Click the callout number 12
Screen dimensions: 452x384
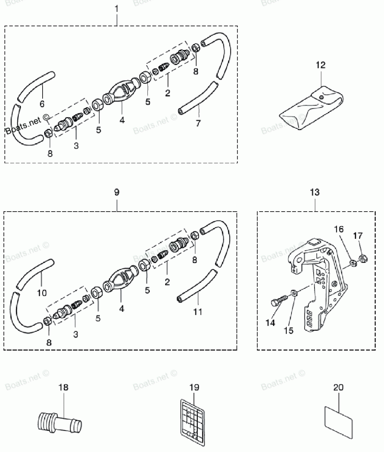tap(321, 65)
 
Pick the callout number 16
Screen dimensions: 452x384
tap(339, 230)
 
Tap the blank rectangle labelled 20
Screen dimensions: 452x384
tap(338, 422)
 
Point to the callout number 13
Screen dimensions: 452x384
tap(314, 192)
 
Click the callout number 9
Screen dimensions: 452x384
tap(117, 192)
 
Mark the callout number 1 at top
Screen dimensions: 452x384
tap(117, 8)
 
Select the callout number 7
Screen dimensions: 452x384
tap(199, 123)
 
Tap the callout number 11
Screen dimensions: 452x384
tap(197, 311)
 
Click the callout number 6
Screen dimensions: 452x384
tap(42, 103)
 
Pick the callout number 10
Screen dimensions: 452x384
tap(42, 293)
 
